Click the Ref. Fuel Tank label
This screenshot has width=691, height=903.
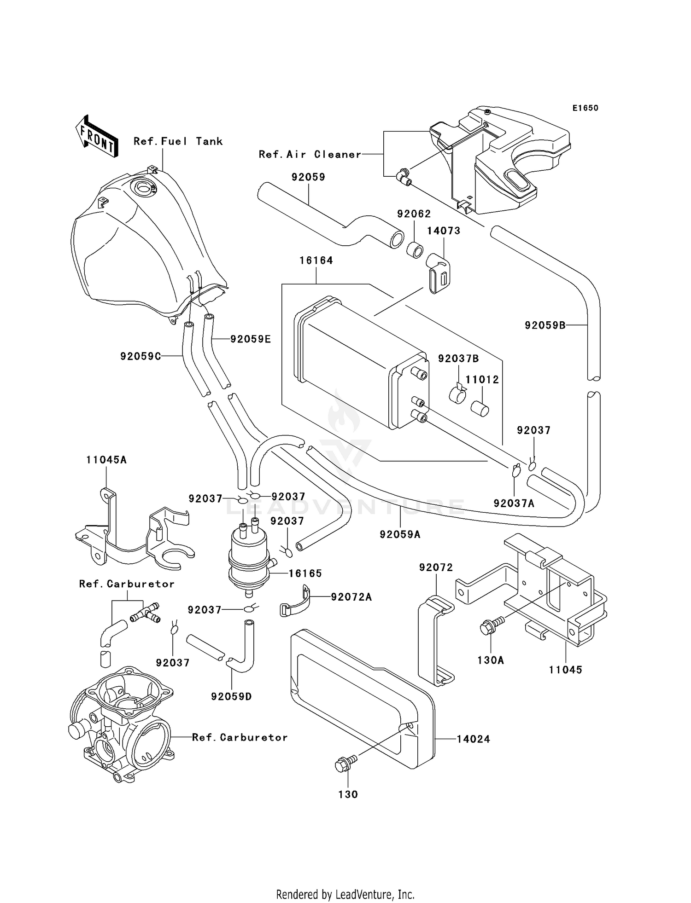click(x=178, y=141)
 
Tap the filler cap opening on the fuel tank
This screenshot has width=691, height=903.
click(x=143, y=187)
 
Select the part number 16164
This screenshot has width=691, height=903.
click(x=316, y=260)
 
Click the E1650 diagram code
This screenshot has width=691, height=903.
click(x=585, y=108)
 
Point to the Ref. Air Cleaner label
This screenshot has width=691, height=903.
click(x=310, y=155)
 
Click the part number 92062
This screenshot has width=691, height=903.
click(x=414, y=214)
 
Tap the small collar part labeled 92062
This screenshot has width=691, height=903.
click(x=414, y=249)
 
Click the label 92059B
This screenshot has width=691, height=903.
click(x=545, y=325)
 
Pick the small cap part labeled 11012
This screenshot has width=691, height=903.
click(x=480, y=408)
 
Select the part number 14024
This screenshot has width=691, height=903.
click(x=473, y=739)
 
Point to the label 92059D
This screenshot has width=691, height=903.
click(x=231, y=697)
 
